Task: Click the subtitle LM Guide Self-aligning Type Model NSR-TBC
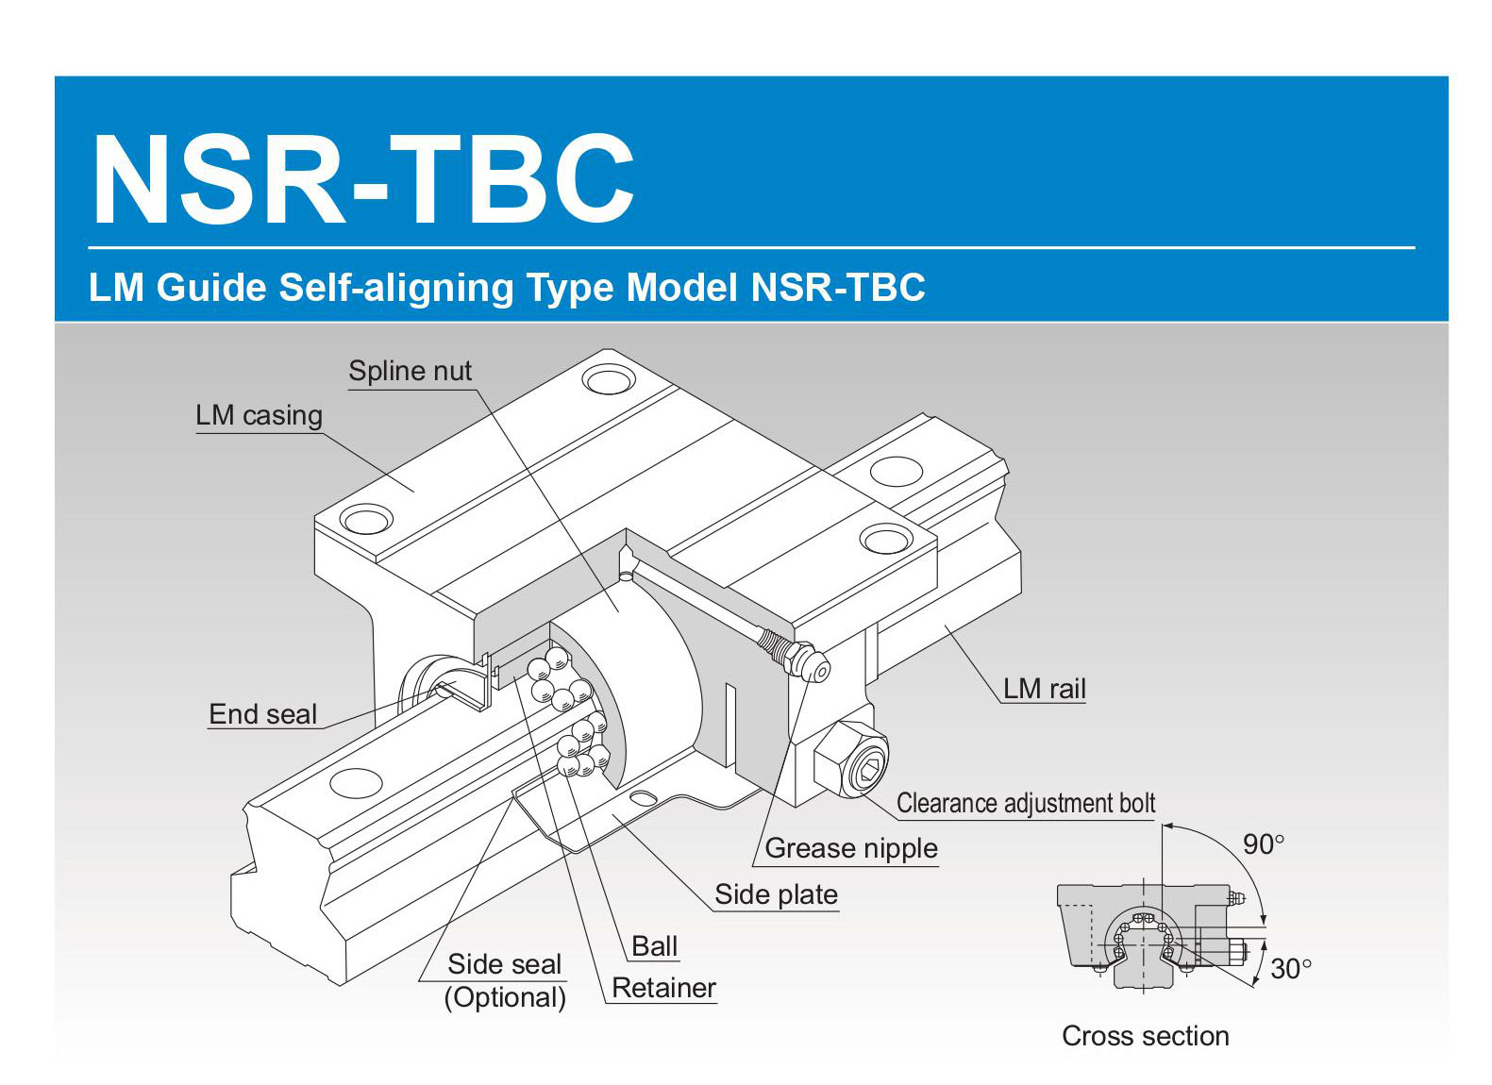pyautogui.click(x=507, y=288)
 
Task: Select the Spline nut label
pyautogui.click(x=410, y=371)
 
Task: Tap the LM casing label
pyautogui.click(x=259, y=415)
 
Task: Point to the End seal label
pyautogui.click(x=262, y=714)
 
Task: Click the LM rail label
pyautogui.click(x=1044, y=689)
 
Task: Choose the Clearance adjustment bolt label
pyautogui.click(x=1025, y=803)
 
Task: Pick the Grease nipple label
pyautogui.click(x=850, y=848)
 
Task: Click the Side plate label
pyautogui.click(x=776, y=894)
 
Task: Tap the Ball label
pyautogui.click(x=654, y=946)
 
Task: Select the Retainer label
pyautogui.click(x=663, y=988)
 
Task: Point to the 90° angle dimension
pyautogui.click(x=1263, y=844)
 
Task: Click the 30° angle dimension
pyautogui.click(x=1290, y=969)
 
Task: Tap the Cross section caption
pyautogui.click(x=1145, y=1036)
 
